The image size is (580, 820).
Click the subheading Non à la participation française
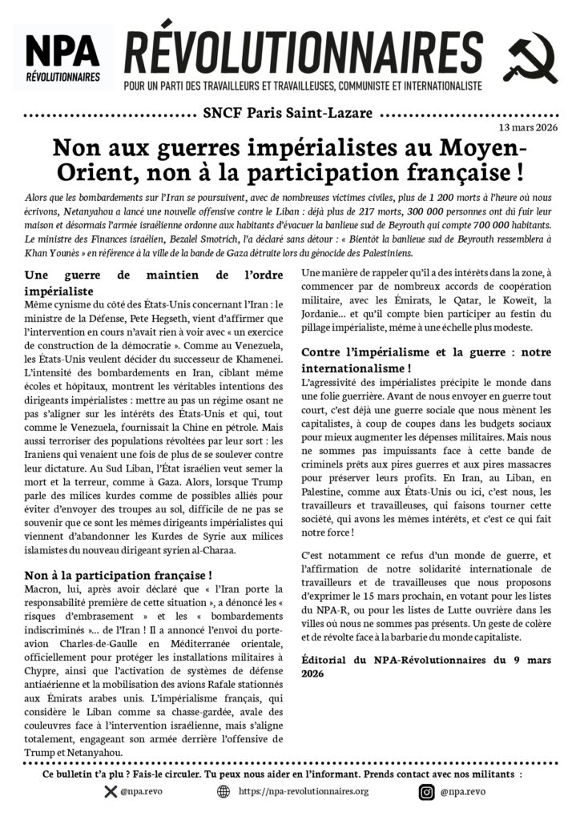pyautogui.click(x=118, y=574)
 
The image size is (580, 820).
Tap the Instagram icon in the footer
pyautogui.click(x=427, y=792)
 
